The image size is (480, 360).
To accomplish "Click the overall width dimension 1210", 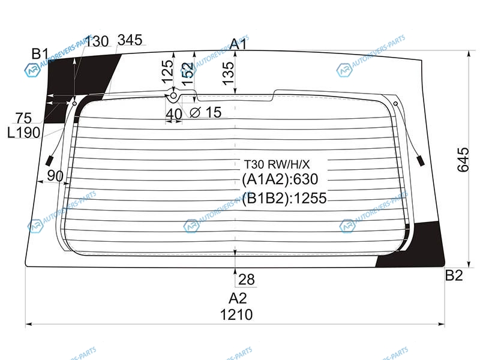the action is [x=236, y=314].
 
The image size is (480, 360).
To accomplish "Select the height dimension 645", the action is [x=463, y=160].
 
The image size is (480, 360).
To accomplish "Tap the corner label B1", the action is [x=40, y=54].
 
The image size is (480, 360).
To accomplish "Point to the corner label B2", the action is [x=454, y=275].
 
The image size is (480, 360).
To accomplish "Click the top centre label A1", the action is [x=238, y=44].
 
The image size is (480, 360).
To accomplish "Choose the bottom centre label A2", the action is [x=238, y=298].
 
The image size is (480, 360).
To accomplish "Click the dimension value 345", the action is [x=130, y=40].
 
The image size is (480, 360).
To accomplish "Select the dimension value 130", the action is [x=97, y=41].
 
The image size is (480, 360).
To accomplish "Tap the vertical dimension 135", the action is [x=228, y=73].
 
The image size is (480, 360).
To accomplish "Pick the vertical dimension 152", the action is [x=188, y=73].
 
